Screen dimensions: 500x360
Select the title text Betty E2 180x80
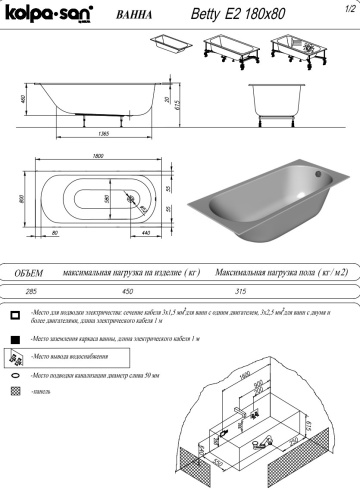(x=229, y=15)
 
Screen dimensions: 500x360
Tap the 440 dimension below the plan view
(x=146, y=232)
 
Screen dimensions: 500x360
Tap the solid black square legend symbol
(x=15, y=340)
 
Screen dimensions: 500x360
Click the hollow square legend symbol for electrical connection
(x=15, y=314)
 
